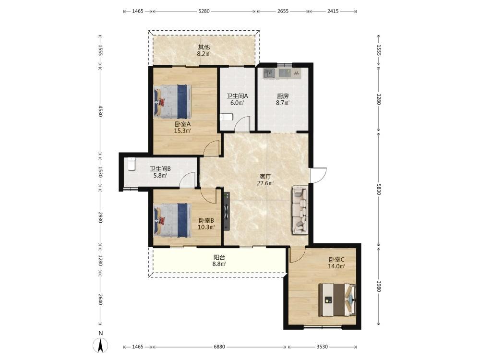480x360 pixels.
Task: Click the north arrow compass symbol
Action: (x=100, y=346)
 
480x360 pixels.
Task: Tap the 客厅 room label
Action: (x=265, y=177)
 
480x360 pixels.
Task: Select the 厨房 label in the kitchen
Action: (x=283, y=96)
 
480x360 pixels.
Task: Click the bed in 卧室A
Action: (x=173, y=102)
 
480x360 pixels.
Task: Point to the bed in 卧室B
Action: (x=173, y=220)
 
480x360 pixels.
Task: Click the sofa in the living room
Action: (x=300, y=210)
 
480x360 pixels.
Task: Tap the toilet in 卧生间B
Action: (x=132, y=164)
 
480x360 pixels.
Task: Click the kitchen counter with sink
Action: (x=282, y=73)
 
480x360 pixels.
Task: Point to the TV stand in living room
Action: (x=227, y=211)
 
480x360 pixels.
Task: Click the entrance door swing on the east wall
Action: (x=318, y=175)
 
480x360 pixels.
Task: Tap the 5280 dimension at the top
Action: (x=204, y=12)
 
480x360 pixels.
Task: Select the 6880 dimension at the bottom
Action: (x=219, y=347)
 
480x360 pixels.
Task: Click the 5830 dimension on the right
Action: (x=379, y=189)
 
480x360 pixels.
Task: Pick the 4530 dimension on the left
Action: (x=100, y=111)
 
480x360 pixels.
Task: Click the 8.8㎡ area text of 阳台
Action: (x=219, y=264)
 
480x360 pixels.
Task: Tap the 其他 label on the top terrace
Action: (x=204, y=47)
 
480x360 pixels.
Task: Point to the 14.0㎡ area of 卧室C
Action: (x=336, y=266)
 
